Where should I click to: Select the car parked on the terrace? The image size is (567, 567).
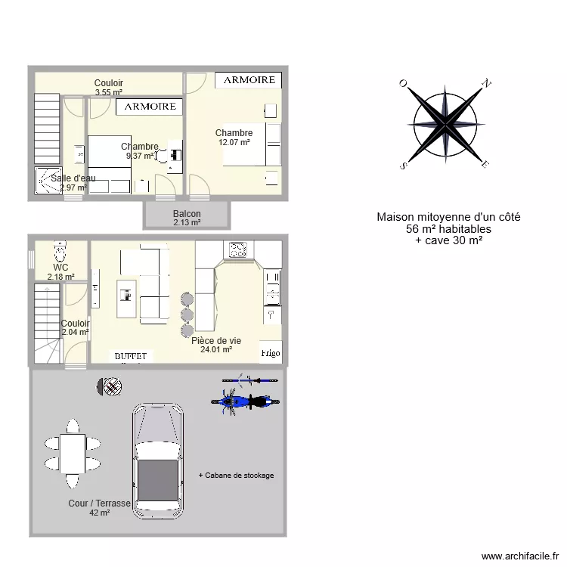coord(158,461)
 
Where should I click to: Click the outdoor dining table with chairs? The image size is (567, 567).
coord(73,452)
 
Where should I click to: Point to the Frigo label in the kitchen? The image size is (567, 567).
coord(270,353)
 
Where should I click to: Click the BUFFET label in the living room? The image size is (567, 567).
coord(133,355)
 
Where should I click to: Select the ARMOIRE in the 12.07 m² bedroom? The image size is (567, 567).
coord(249,79)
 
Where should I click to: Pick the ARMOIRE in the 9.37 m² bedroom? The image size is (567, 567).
coord(150,107)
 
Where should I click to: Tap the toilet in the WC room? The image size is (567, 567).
coord(60,250)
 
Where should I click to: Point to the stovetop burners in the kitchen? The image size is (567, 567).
coord(238,249)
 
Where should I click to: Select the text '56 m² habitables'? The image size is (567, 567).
coord(448,228)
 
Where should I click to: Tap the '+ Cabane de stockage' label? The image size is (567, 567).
coord(236,476)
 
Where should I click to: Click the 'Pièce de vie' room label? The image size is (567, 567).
coord(215,341)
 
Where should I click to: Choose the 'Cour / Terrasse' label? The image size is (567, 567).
coord(99,503)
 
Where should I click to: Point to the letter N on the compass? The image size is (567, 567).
coord(488,83)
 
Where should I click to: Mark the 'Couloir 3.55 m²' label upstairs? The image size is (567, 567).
coord(108,83)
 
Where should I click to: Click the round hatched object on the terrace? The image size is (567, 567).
coord(111,387)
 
